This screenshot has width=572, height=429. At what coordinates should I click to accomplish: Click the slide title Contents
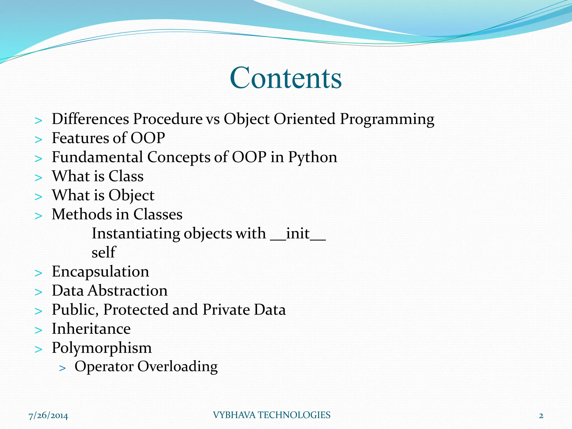[x=285, y=78]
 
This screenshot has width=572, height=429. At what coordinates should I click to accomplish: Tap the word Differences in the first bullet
[x=90, y=119]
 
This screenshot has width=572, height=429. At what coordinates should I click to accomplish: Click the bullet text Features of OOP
[x=108, y=138]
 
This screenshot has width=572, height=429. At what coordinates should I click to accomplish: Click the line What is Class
[x=98, y=176]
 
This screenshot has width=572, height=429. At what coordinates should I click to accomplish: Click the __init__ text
[x=298, y=233]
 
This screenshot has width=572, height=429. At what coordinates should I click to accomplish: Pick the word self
[x=104, y=252]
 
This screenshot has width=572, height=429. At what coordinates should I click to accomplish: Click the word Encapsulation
[x=100, y=272]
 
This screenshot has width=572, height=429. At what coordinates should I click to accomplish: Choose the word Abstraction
[x=128, y=291]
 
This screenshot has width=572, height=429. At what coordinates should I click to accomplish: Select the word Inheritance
[x=91, y=329]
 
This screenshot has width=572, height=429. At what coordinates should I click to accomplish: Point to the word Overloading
[x=177, y=366]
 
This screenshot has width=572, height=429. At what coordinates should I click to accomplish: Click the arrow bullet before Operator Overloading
[x=63, y=368]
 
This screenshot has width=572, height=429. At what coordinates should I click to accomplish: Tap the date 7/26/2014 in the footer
[x=48, y=416]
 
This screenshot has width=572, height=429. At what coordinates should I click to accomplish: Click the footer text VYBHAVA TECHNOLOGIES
[x=271, y=415]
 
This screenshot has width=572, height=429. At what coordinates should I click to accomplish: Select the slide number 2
[x=541, y=416]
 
